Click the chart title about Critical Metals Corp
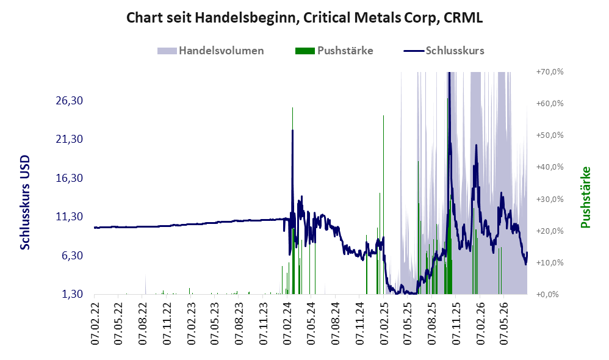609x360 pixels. click(x=304, y=18)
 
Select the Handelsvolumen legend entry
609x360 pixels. click(x=211, y=51)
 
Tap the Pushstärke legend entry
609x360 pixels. click(x=334, y=51)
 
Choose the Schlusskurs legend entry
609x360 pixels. click(x=444, y=51)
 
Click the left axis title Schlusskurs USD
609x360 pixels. click(x=25, y=203)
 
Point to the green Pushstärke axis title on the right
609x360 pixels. click(x=585, y=197)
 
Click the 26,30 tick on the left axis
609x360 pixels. click(x=70, y=101)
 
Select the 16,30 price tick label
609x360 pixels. click(x=70, y=178)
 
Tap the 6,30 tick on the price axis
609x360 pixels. click(x=72, y=256)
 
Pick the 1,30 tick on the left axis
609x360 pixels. click(x=72, y=294)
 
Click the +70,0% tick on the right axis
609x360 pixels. click(x=550, y=72)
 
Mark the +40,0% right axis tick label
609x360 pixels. click(x=550, y=167)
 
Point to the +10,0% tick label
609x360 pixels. click(x=550, y=262)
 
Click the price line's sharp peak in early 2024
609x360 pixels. click(x=292, y=131)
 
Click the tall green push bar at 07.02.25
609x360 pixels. click(x=383, y=204)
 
